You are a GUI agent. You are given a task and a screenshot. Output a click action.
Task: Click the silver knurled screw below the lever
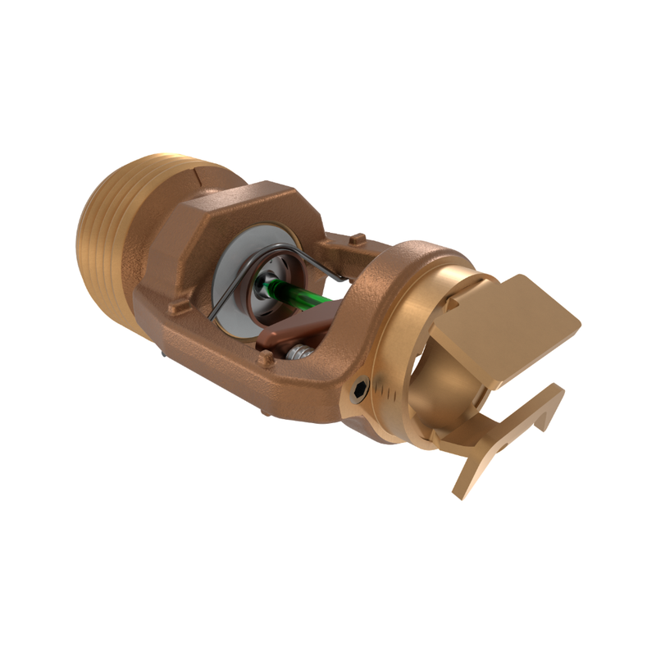tap(299, 352)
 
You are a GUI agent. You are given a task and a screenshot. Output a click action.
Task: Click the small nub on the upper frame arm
tap(357, 239)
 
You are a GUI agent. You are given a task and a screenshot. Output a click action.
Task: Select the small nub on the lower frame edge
tap(264, 358)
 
